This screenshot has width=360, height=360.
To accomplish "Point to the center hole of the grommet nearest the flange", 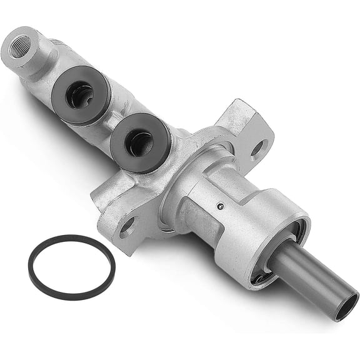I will [139, 144].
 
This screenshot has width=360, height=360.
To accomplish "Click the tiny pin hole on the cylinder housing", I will [218, 206].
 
